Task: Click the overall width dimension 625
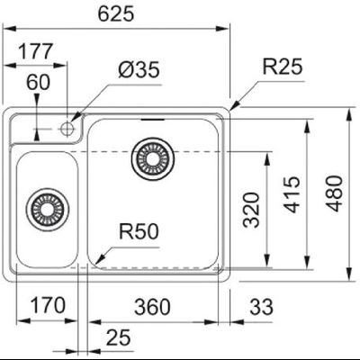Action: (x=116, y=14)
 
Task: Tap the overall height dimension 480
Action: (x=335, y=209)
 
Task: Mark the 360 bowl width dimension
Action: (x=152, y=306)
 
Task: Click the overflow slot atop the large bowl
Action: (x=151, y=118)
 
